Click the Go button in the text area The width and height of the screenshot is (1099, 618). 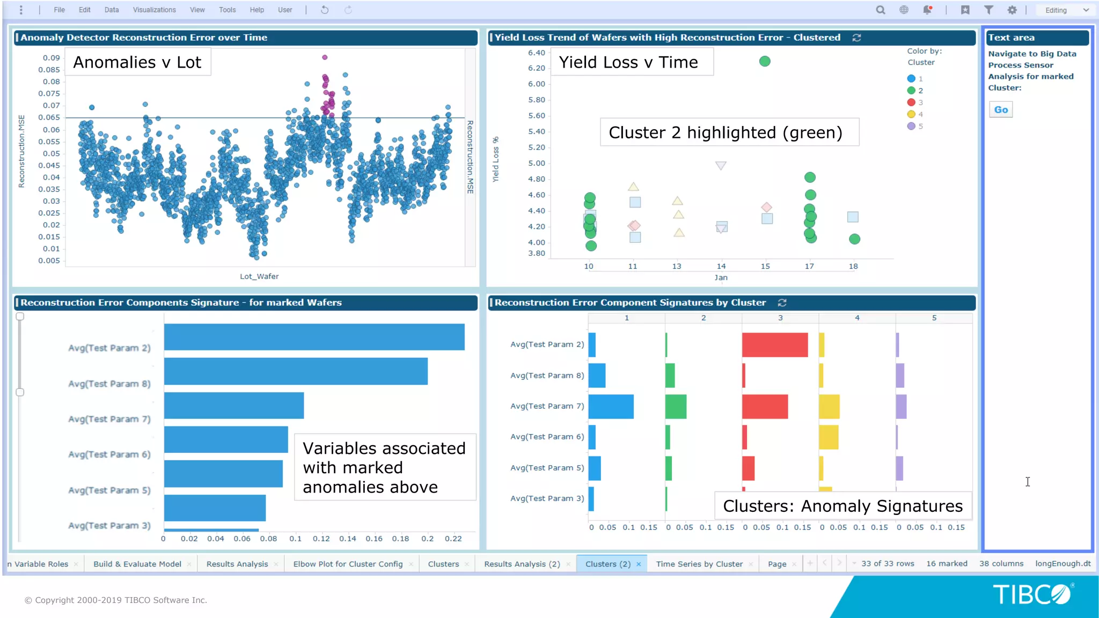[x=1001, y=109]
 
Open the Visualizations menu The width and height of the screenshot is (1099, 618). [x=154, y=10]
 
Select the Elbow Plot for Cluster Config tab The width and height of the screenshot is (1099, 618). [x=348, y=564]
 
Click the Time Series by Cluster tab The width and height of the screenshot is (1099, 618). [x=699, y=564]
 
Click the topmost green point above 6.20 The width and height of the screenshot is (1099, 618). [x=765, y=61]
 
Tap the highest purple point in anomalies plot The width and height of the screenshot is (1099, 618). [x=325, y=57]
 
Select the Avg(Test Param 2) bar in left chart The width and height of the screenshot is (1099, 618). [x=314, y=337]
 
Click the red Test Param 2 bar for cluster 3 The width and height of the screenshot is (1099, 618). [x=774, y=344]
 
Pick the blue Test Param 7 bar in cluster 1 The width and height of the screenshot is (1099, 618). [x=611, y=406]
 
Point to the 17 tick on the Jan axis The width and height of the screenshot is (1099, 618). [x=809, y=266]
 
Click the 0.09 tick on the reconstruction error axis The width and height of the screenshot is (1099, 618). [x=52, y=58]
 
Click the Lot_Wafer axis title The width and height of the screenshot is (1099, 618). [x=259, y=276]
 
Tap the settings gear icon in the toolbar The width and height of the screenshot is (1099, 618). [x=1012, y=10]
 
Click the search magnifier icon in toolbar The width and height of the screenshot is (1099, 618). [x=880, y=10]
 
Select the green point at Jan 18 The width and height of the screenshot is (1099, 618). [x=854, y=239]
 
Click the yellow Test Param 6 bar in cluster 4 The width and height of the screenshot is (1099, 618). [x=829, y=437]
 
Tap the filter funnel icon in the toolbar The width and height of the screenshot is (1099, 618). [x=988, y=10]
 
